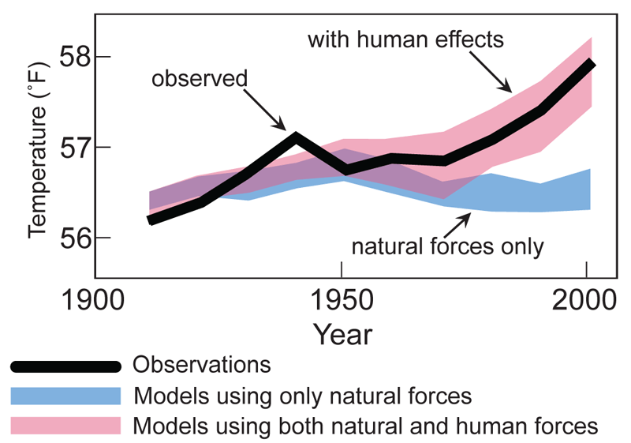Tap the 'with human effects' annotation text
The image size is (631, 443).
click(405, 39)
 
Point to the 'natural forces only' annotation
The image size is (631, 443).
click(448, 246)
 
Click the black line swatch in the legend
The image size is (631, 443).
click(65, 366)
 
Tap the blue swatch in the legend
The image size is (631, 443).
click(65, 395)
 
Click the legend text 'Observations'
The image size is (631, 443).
click(202, 365)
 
